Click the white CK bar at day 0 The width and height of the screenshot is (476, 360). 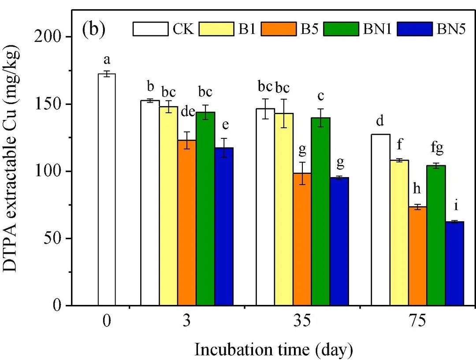107,189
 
